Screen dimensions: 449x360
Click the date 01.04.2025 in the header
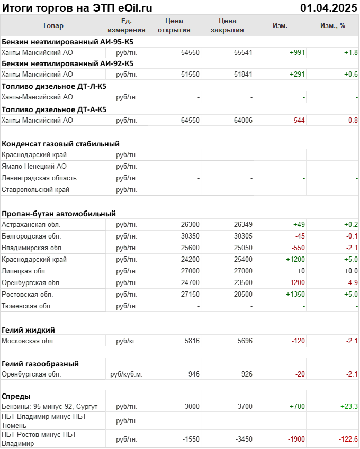point(329,7)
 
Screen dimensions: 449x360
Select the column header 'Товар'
point(52,25)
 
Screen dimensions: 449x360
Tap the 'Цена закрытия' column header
point(227,25)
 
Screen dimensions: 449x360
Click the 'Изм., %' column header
point(332,25)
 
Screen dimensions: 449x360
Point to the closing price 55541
point(243,52)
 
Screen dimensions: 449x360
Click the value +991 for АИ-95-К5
point(297,52)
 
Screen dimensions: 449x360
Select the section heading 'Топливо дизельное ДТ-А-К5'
point(54,109)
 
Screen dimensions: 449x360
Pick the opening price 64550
point(190,120)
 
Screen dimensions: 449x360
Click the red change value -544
point(298,120)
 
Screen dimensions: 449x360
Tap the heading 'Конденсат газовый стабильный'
point(60,143)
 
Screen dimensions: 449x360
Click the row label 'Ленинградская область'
point(39,178)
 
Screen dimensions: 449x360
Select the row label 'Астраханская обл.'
point(31,224)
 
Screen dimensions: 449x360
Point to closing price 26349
point(243,224)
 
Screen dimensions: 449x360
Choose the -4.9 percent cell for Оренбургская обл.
point(352,282)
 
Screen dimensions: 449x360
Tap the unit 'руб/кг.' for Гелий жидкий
point(127,341)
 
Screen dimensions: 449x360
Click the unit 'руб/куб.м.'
point(127,374)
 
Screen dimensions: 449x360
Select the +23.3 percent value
point(349,406)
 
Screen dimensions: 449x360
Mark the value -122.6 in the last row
point(348,439)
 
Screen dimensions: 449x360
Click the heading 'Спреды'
point(16,396)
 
